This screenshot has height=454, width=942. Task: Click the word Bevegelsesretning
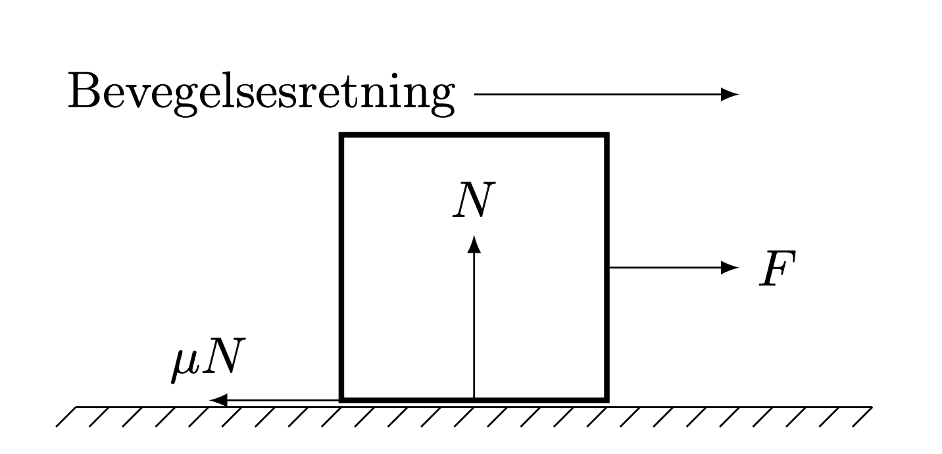[x=261, y=93]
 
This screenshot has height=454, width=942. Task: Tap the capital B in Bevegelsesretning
[x=83, y=90]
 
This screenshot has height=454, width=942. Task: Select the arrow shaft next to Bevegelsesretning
[x=598, y=94]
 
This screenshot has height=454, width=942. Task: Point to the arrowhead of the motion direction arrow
[x=730, y=94]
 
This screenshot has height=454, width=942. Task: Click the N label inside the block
[x=474, y=199]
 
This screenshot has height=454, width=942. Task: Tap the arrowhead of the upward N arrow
[x=474, y=244]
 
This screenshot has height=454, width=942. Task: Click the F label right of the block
[x=778, y=268]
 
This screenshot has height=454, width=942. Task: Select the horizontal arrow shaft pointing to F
[x=665, y=267]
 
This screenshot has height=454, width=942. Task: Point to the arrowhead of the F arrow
[x=730, y=267]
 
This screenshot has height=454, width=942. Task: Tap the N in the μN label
[x=223, y=356]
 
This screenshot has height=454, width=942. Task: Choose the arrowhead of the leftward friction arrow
[x=218, y=400]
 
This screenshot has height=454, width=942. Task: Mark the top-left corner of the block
[x=341, y=135]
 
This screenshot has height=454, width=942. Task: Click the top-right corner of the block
[x=607, y=135]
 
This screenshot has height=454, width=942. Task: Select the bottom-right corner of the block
[x=607, y=400]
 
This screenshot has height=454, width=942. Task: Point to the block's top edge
[x=474, y=135]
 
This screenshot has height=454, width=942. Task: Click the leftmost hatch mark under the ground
[x=66, y=417]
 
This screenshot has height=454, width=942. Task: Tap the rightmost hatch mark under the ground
[x=862, y=417]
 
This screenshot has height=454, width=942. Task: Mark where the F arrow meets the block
[x=609, y=267]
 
